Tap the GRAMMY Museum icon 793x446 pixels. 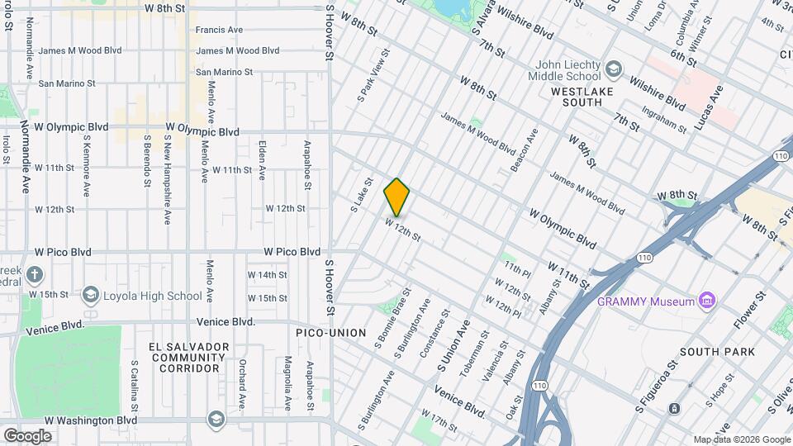(705, 301)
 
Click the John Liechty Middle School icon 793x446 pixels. (613, 67)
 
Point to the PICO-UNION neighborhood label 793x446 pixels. (330, 333)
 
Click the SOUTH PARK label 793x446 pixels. (724, 352)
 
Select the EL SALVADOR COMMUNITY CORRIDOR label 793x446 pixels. (188, 357)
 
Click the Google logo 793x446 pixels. (27, 435)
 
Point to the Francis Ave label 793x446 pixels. (219, 30)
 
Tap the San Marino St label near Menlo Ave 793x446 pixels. (224, 72)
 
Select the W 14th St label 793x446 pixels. (267, 275)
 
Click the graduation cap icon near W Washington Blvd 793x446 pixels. (216, 419)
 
